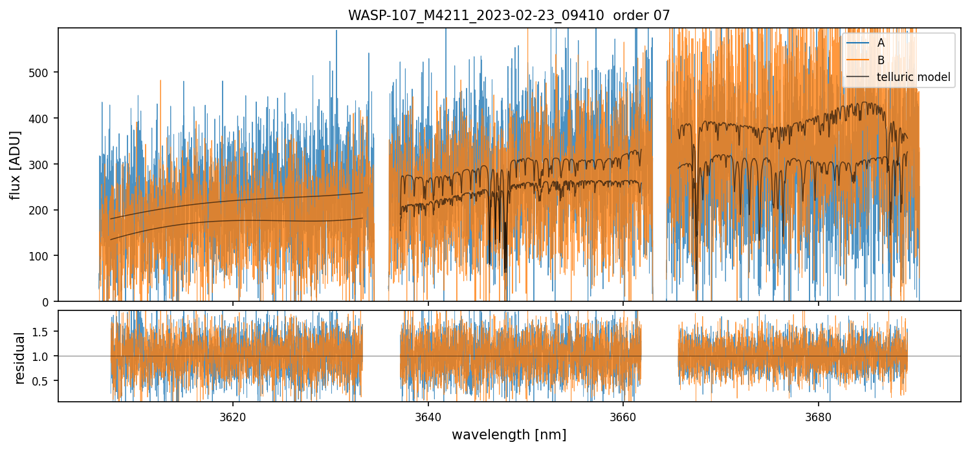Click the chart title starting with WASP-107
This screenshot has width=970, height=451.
pos(509,15)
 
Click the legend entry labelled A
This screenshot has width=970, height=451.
pos(881,43)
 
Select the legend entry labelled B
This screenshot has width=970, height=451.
pos(881,60)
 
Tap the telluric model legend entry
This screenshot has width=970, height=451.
pos(913,77)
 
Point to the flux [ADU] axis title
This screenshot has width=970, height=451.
pos(15,165)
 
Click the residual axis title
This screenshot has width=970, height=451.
pos(19,358)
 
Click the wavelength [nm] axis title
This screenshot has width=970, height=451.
pos(509,435)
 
